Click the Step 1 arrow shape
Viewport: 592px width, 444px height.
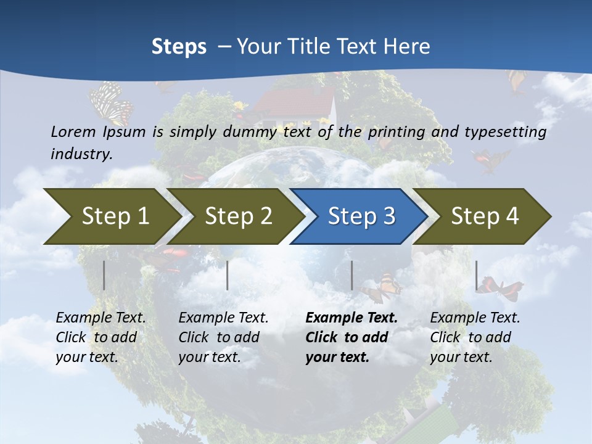coord(111,216)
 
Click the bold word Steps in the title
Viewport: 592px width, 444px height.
coord(179,46)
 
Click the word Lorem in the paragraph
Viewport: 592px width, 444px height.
coord(73,131)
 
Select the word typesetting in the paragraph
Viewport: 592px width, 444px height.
coord(505,132)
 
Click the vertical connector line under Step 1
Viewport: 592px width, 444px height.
coord(104,275)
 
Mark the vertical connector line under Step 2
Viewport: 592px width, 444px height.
coord(228,275)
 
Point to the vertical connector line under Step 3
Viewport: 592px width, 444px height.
coord(351,275)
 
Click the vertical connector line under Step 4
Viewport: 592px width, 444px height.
coord(476,275)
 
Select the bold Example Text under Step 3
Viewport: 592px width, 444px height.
coord(351,318)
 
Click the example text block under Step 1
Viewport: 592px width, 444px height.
coord(101,337)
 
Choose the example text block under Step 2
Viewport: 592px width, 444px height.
coord(223,337)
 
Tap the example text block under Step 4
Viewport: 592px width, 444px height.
coord(475,337)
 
